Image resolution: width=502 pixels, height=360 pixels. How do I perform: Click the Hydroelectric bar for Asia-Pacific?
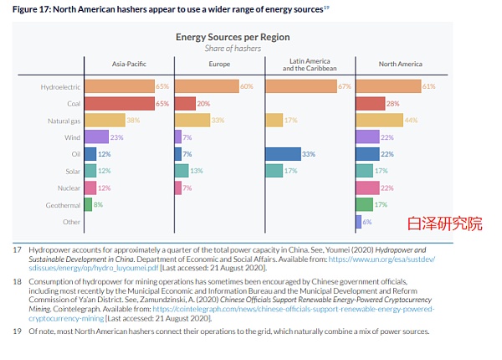click(x=119, y=86)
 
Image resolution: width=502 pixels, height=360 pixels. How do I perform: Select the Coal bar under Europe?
click(x=184, y=103)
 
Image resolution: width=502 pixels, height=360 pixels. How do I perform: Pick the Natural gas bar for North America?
click(x=379, y=121)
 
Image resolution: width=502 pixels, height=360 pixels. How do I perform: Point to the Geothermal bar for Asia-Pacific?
click(x=88, y=205)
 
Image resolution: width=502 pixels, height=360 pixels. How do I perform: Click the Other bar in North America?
click(x=358, y=222)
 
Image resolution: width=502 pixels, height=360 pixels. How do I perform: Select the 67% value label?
click(x=344, y=86)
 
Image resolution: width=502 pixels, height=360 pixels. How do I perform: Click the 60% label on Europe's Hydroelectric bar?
click(x=247, y=86)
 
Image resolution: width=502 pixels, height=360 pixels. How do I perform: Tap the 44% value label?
click(x=411, y=121)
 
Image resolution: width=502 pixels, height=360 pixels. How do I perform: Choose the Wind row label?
click(x=73, y=137)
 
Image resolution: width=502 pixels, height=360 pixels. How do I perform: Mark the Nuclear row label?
click(x=69, y=188)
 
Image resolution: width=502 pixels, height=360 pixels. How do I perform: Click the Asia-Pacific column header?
click(x=129, y=64)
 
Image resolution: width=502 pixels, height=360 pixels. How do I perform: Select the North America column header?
click(x=399, y=64)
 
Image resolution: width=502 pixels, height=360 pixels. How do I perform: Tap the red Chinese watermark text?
click(x=444, y=224)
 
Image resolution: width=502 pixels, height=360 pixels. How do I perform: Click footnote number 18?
click(x=17, y=282)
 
